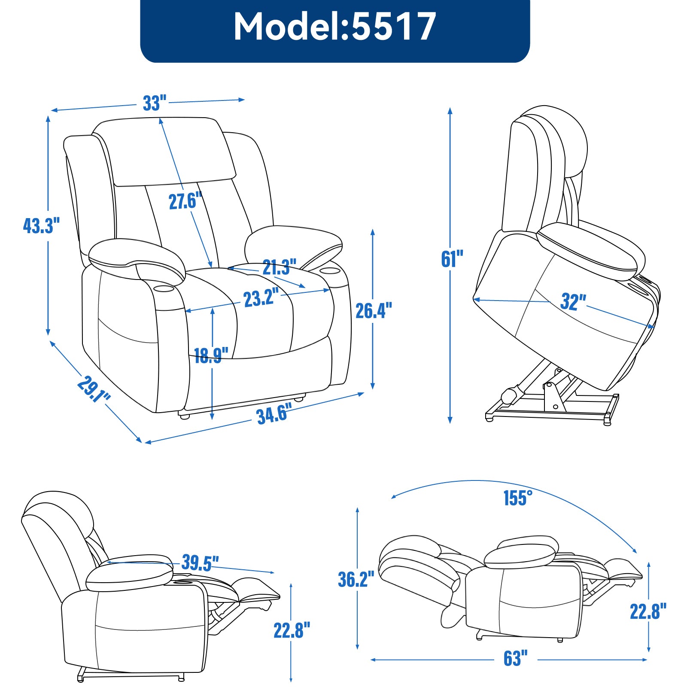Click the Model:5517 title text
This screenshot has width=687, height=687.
(x=335, y=27)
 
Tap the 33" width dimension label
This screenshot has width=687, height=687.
(x=154, y=103)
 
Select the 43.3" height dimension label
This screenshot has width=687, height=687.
(x=41, y=226)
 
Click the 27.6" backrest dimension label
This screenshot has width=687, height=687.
(x=185, y=201)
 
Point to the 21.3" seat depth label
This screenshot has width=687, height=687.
(x=279, y=268)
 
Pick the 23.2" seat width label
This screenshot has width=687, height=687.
(x=261, y=298)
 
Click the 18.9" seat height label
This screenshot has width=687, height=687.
(x=211, y=356)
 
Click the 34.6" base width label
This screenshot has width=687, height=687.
(x=274, y=414)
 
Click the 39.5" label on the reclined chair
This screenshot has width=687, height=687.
(x=200, y=563)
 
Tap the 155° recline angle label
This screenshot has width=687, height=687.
(x=518, y=498)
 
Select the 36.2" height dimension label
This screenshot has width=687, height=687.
(x=356, y=579)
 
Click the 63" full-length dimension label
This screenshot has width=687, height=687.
(x=515, y=658)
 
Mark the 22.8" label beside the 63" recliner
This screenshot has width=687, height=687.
(x=648, y=611)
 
